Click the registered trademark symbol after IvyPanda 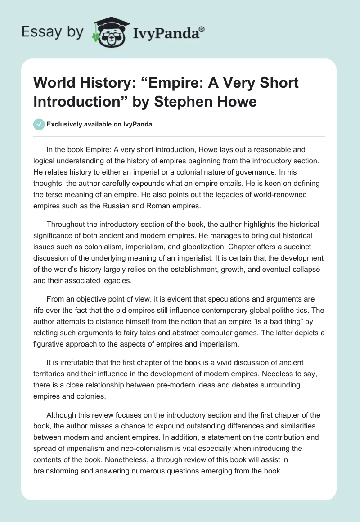point(202,29)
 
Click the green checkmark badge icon point(39,124)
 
